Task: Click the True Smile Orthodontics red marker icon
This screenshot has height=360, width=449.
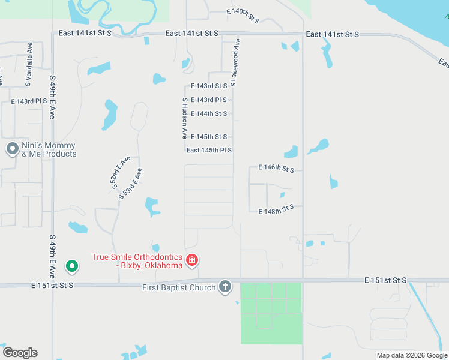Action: pos(192,260)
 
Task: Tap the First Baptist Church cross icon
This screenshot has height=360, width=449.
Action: pos(225,287)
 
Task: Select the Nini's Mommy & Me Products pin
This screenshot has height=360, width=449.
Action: pos(12,149)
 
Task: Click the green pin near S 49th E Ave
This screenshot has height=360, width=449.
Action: pos(71,265)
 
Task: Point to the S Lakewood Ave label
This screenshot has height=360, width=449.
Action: pos(235,62)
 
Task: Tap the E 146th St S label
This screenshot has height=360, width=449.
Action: pos(276,169)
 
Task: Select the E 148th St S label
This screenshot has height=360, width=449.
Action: pos(276,210)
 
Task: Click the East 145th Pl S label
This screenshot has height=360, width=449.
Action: pos(209,151)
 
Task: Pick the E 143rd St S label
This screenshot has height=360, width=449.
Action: pos(209,86)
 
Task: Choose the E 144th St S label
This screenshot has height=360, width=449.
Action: pos(209,114)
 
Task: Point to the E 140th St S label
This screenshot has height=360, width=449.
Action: pos(243,16)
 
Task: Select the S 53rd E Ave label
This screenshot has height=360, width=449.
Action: pos(130,183)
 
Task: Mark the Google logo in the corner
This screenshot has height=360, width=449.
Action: pos(20,353)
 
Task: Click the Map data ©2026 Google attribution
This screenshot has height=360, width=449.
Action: pos(412,355)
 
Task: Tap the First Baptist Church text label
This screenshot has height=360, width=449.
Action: pos(179,288)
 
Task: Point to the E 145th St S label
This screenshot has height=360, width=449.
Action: pos(209,137)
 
